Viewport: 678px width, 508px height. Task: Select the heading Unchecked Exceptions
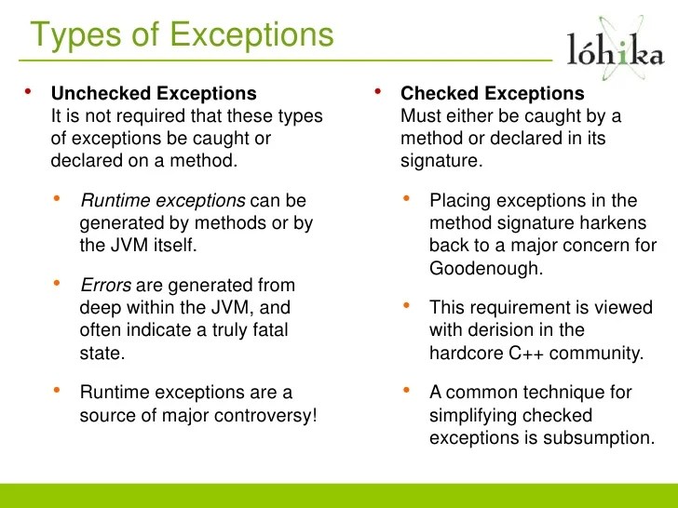coord(154,94)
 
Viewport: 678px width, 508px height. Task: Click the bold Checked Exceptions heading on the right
coord(493,94)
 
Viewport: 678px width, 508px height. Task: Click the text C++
coord(518,353)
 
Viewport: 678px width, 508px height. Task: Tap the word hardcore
coord(464,353)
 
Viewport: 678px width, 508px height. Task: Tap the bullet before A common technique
coord(408,390)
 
